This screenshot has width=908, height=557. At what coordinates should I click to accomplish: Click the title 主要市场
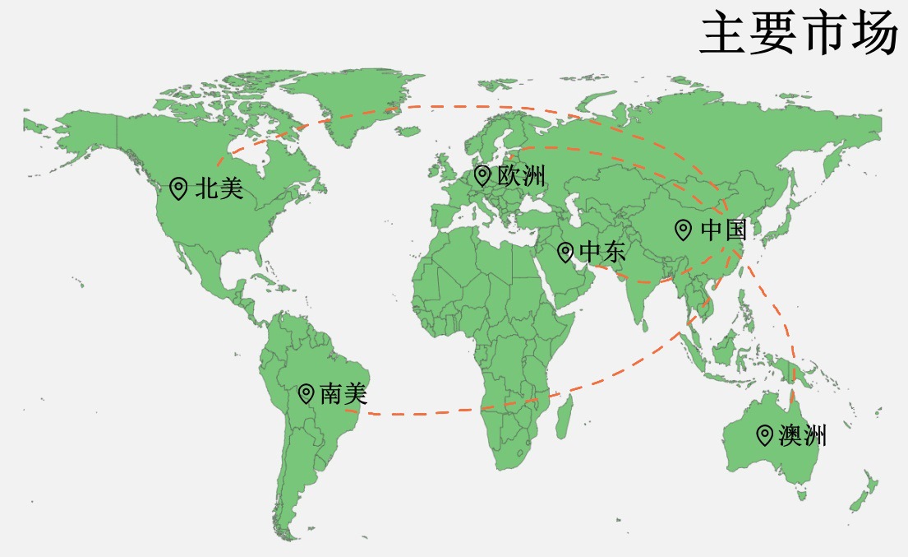point(797,34)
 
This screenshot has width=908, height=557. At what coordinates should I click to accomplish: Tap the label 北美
point(219,188)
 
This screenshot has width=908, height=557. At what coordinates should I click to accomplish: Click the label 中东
point(602,253)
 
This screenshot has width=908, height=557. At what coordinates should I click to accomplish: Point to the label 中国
point(723,230)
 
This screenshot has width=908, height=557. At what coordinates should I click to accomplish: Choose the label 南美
point(343,394)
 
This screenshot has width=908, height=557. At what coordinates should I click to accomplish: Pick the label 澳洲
point(802,435)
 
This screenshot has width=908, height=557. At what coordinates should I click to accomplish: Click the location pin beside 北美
point(177,188)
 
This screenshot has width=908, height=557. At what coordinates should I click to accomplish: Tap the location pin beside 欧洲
point(482,175)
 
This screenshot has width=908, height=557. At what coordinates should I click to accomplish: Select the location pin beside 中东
point(565,253)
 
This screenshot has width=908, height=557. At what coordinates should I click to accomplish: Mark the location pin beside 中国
point(683,230)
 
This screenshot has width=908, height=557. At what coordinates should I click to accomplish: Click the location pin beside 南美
point(306,394)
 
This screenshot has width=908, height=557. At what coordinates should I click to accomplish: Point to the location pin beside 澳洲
point(764,435)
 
